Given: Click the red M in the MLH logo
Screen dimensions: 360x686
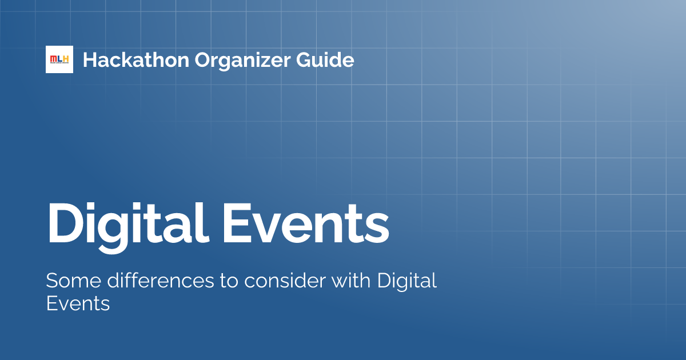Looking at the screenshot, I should pos(53,59).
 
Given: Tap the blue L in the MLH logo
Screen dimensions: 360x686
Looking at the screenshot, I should pos(60,59).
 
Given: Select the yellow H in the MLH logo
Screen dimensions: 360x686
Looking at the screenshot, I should pos(67,59).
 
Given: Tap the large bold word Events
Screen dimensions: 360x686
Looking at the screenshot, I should pos(306,222).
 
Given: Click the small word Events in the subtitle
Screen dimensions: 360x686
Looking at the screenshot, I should pos(77,304).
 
